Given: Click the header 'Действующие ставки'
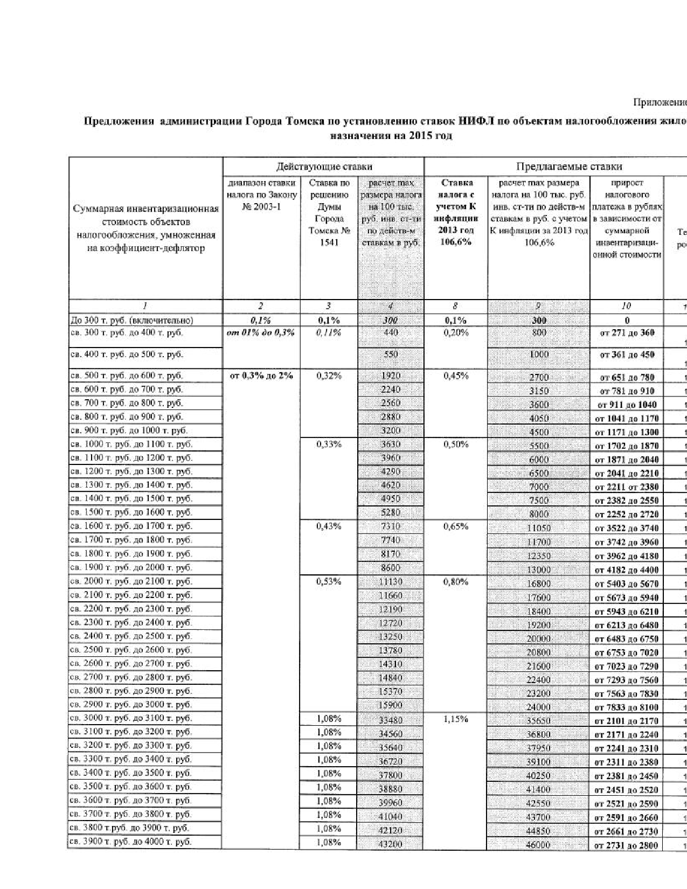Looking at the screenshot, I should pyautogui.click(x=324, y=166).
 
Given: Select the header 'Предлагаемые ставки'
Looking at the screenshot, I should pyautogui.click(x=569, y=166).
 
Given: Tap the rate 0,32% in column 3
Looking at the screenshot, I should pyautogui.click(x=329, y=376).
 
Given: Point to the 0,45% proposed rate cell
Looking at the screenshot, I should pyautogui.click(x=455, y=376).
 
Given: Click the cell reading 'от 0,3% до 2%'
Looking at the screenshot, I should pyautogui.click(x=261, y=376).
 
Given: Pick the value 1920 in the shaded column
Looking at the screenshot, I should pyautogui.click(x=390, y=376).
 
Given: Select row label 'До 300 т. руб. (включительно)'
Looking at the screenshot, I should pyautogui.click(x=132, y=321).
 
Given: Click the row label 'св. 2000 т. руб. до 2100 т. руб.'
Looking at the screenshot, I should pyautogui.click(x=131, y=581).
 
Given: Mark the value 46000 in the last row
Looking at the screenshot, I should pyautogui.click(x=538, y=845).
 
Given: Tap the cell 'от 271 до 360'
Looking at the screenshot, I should pyautogui.click(x=627, y=333).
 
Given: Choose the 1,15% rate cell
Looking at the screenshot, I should pyautogui.click(x=455, y=719).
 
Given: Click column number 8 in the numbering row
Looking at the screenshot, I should pyautogui.click(x=455, y=306).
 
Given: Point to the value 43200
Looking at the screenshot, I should pyautogui.click(x=390, y=845).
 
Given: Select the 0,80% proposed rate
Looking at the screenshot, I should pyautogui.click(x=455, y=582).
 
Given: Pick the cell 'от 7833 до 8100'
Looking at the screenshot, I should pyautogui.click(x=627, y=707).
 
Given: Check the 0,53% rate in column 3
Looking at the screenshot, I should pyautogui.click(x=329, y=582).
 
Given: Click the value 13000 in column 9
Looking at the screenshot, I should pyautogui.click(x=538, y=570).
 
